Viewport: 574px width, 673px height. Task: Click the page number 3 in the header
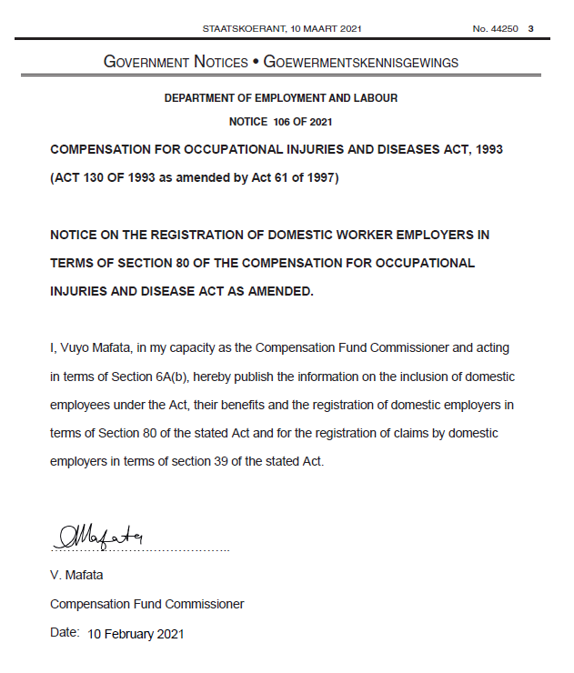[x=530, y=29]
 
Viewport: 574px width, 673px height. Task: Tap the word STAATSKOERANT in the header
[x=243, y=29]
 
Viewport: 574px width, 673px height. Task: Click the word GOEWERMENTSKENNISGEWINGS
[x=361, y=63]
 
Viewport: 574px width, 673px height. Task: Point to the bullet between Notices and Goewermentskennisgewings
[x=256, y=62]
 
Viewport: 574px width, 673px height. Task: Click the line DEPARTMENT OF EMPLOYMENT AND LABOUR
[x=280, y=98]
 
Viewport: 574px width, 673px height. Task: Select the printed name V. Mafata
[x=79, y=576]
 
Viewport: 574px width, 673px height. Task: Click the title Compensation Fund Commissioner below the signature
[x=146, y=604]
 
